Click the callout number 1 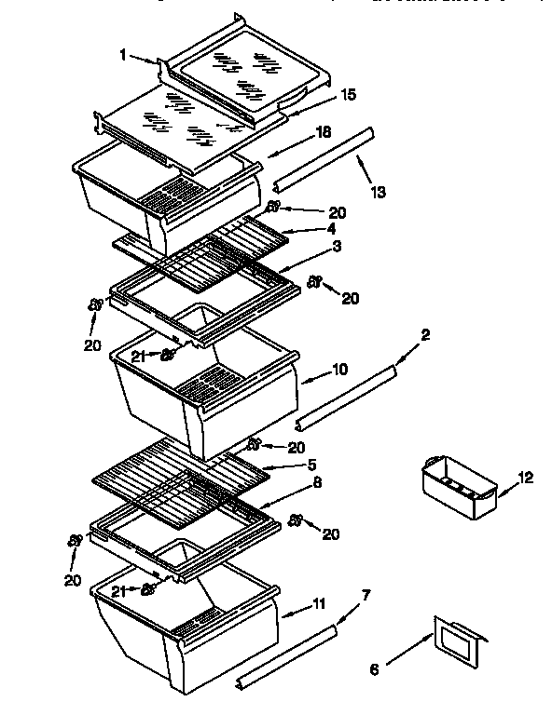[123, 54]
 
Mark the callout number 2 [424, 333]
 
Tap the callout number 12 [526, 479]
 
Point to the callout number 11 [319, 605]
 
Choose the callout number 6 [376, 668]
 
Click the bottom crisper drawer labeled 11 [186, 633]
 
